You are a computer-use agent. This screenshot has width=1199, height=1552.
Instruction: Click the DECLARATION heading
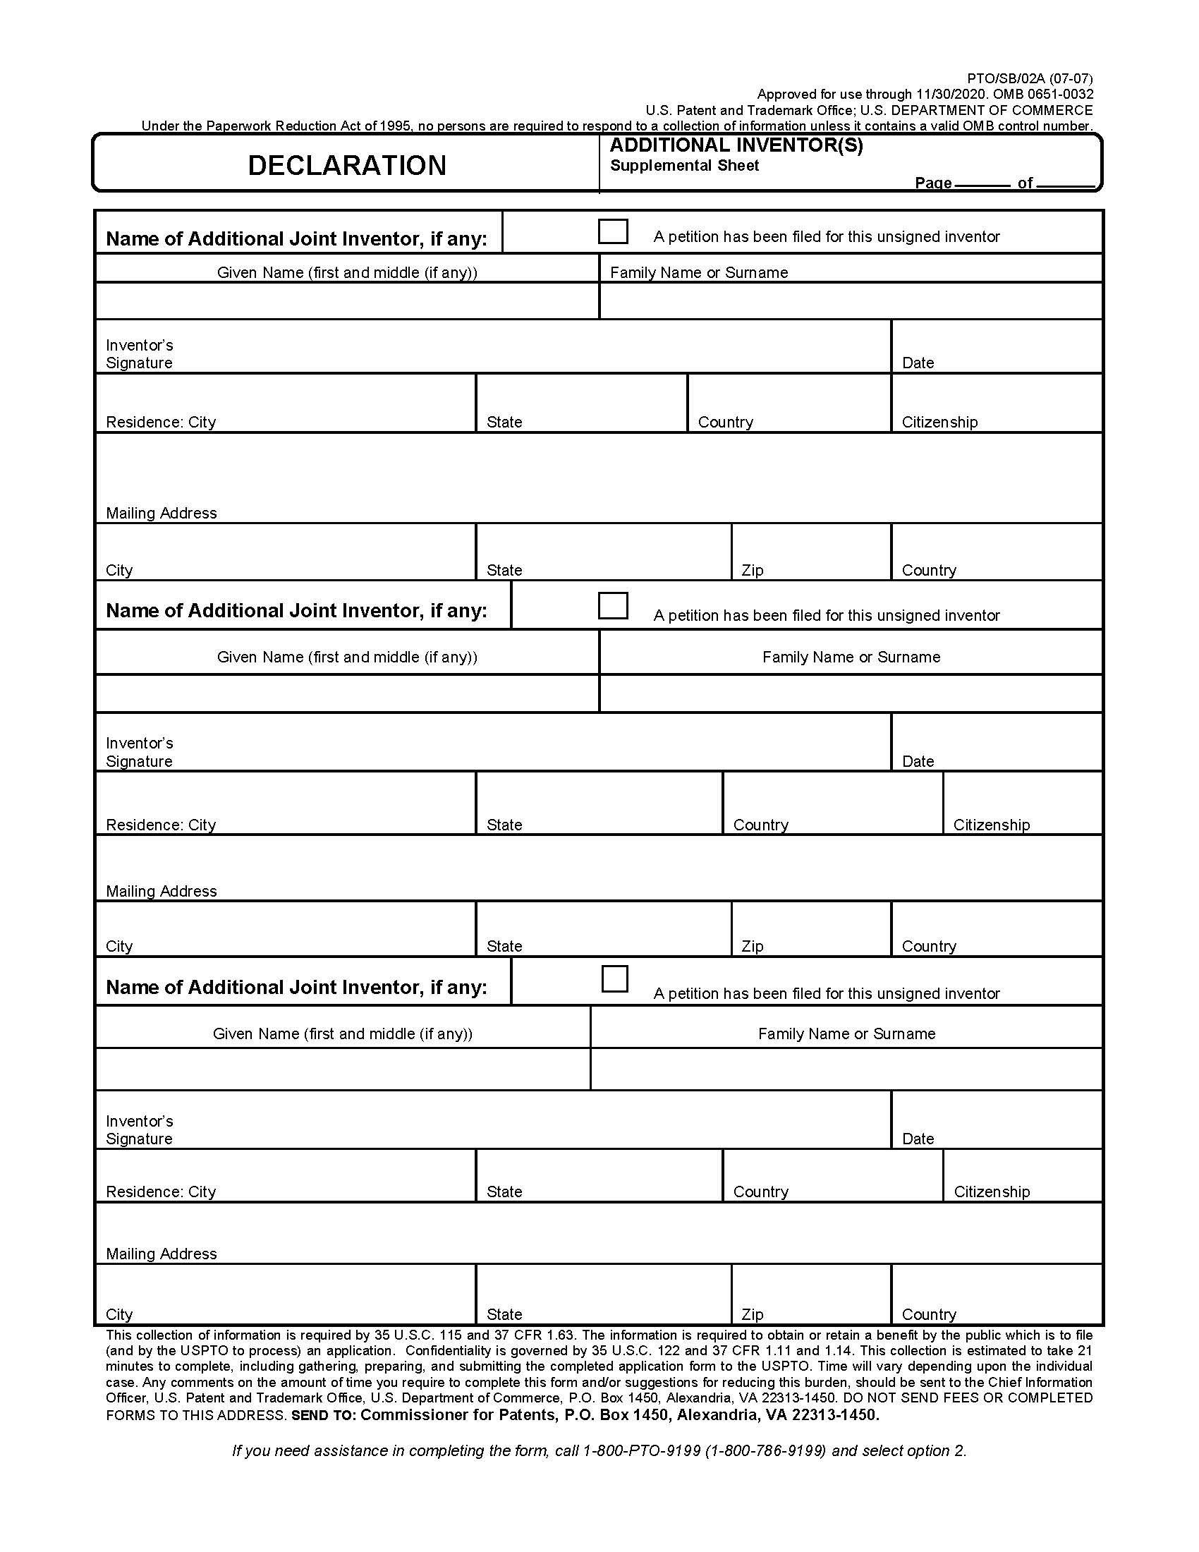point(346,166)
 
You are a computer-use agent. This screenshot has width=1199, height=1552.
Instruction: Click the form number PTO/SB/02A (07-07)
point(1029,78)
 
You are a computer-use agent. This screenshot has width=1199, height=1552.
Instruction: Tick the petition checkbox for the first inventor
point(613,231)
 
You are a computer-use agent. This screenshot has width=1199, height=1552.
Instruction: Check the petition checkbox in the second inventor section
point(613,606)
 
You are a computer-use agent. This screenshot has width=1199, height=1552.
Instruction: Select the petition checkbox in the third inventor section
point(614,978)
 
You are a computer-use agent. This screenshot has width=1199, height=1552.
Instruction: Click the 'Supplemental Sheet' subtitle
point(684,166)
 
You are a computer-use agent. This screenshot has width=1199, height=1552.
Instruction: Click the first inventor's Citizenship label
point(939,422)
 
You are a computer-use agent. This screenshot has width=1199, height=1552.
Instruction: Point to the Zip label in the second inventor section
point(753,946)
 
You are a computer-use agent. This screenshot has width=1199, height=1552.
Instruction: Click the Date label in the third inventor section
point(918,1139)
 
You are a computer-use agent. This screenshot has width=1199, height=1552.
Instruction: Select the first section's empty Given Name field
point(346,301)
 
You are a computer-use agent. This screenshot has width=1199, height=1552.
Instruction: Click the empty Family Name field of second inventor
point(851,693)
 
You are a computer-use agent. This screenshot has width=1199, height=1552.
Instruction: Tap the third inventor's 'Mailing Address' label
point(162,1254)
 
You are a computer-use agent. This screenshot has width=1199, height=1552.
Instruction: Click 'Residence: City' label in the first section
point(161,422)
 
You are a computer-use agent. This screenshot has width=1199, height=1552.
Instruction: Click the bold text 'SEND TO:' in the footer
point(323,1416)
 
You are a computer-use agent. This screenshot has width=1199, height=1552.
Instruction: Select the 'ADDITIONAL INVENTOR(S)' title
point(736,146)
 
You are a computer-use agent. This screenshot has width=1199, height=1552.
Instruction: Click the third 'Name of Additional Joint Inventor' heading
point(296,987)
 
